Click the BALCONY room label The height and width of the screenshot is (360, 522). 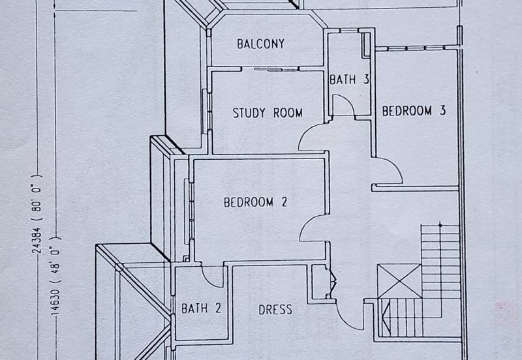[260, 44]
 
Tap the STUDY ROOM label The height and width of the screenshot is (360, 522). [268, 113]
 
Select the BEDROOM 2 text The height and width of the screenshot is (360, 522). [255, 202]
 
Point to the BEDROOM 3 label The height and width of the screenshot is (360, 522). [414, 111]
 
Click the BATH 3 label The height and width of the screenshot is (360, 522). [349, 80]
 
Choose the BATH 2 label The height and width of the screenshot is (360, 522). [201, 308]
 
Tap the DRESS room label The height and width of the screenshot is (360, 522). [275, 310]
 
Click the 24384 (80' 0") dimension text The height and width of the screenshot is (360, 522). [37, 214]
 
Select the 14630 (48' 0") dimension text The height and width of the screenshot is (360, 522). [55, 275]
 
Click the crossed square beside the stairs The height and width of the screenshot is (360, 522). [399, 281]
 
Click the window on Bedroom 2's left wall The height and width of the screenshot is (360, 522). [187, 209]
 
